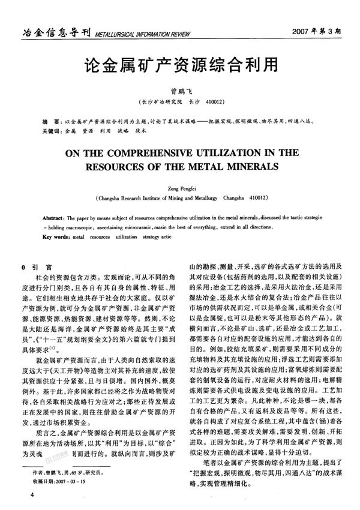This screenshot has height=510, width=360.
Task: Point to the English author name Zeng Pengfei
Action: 180,187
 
